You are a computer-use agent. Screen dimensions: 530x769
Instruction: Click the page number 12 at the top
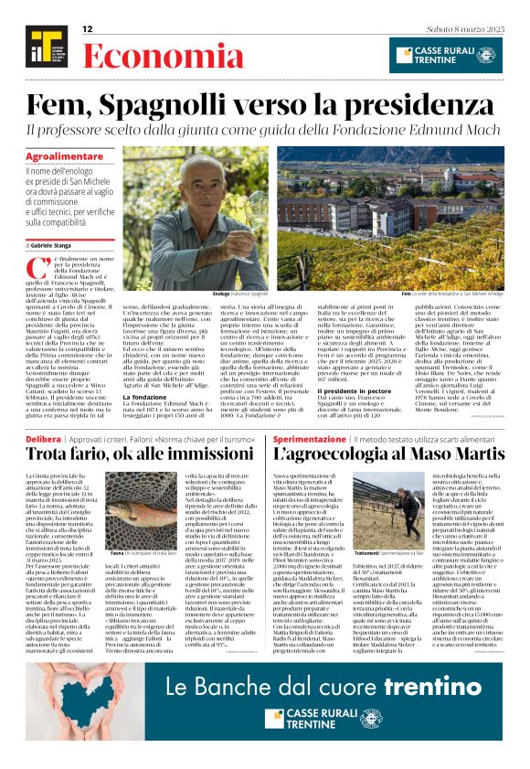(x=88, y=29)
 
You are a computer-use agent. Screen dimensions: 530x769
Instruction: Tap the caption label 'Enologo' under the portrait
(x=220, y=293)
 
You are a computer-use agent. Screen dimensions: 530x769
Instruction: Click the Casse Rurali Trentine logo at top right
(x=445, y=55)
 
